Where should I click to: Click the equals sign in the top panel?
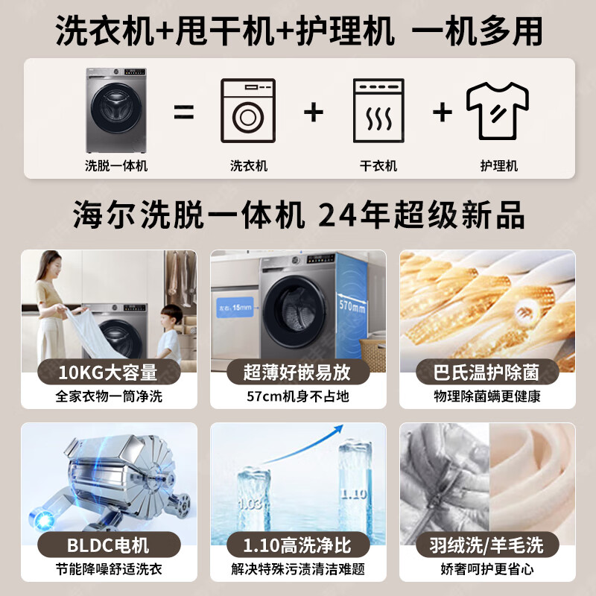coord(183,112)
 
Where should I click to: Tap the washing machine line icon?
coord(248,111)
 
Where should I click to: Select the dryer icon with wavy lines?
coord(378,111)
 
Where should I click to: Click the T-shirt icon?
coord(498,111)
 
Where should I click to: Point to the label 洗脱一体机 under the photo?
coord(116,165)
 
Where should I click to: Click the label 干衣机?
coord(378,165)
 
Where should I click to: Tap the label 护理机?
coord(498,165)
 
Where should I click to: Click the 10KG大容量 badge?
coord(109,371)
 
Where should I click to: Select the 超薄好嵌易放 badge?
coord(297,371)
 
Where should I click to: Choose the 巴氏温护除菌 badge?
coord(487,371)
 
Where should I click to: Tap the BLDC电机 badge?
coord(109,545)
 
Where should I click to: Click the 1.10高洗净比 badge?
coord(297,545)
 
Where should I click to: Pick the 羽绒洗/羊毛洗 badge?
coord(487,545)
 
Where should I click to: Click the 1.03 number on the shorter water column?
coord(250,504)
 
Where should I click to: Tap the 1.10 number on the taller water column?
coord(353,492)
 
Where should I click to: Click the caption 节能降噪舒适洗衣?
coord(109,570)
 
